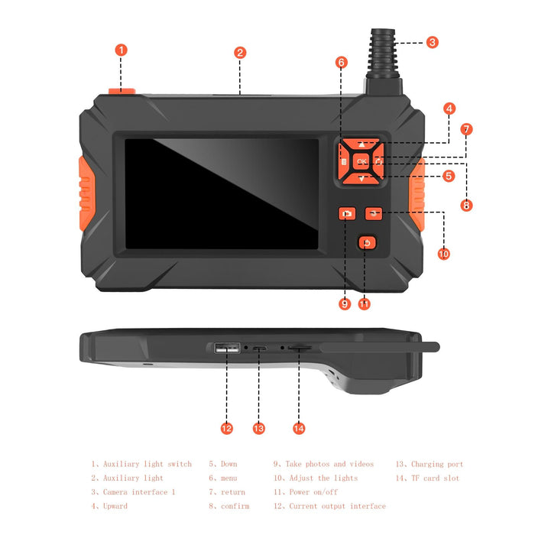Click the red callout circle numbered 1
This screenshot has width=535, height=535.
[121, 50]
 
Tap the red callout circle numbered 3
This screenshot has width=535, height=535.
[433, 43]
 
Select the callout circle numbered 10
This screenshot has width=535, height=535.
[443, 254]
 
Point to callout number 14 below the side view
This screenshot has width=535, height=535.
[299, 429]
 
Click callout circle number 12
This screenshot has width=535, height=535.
[226, 429]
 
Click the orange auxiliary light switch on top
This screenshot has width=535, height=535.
[121, 92]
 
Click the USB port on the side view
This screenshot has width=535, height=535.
[227, 349]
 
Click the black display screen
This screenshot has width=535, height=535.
[222, 193]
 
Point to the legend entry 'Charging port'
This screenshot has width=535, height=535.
[436, 464]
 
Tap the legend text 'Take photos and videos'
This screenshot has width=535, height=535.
[329, 464]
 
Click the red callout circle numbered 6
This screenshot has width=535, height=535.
[342, 62]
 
